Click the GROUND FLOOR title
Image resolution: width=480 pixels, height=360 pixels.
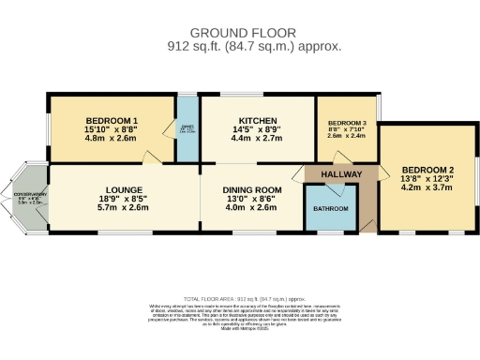(240, 32)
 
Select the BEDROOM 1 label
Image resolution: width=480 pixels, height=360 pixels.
(112, 121)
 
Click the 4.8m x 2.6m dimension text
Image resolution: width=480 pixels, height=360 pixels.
(112, 139)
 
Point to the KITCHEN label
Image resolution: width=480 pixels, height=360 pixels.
(257, 121)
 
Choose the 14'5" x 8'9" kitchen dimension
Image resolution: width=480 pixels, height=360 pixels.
(257, 130)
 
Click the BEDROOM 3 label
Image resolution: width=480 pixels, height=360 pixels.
(347, 124)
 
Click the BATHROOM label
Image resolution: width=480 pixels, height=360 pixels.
(330, 208)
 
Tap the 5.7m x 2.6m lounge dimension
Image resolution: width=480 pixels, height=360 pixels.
(124, 208)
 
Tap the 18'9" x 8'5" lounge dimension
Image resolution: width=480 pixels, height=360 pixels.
(124, 199)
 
